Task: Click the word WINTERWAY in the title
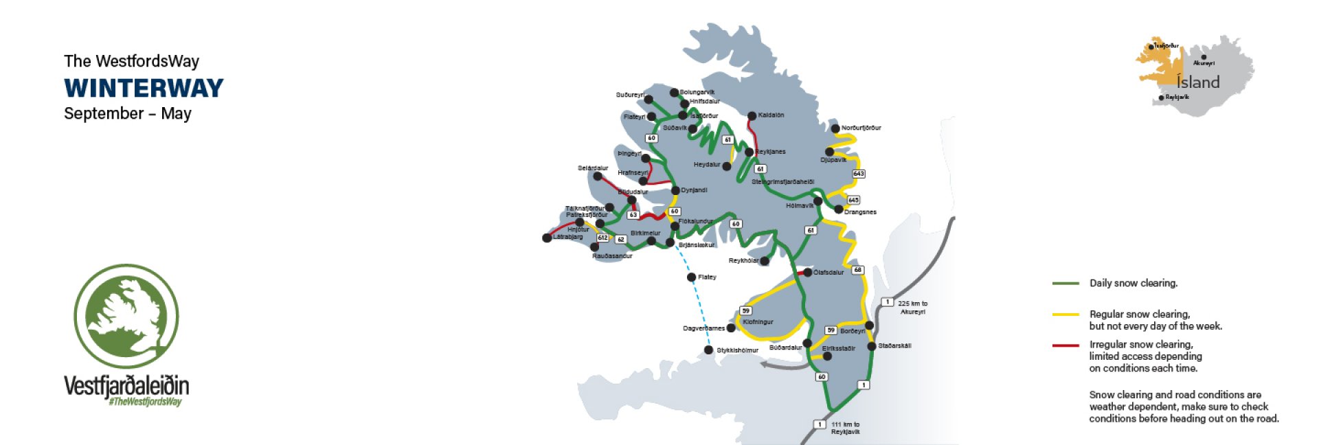pyautogui.click(x=144, y=88)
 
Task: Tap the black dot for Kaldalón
pyautogui.click(x=752, y=116)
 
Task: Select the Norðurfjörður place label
pyautogui.click(x=861, y=128)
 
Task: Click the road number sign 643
pyautogui.click(x=858, y=174)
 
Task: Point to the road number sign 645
pyautogui.click(x=853, y=200)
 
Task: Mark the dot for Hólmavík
pyautogui.click(x=818, y=201)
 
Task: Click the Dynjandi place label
pyautogui.click(x=694, y=190)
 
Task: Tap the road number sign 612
pyautogui.click(x=602, y=238)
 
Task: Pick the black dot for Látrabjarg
pyautogui.click(x=547, y=238)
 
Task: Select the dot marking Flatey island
pyautogui.click(x=691, y=277)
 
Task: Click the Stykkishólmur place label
pyautogui.click(x=737, y=350)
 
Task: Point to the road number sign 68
pyautogui.click(x=857, y=270)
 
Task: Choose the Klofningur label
pyautogui.click(x=758, y=322)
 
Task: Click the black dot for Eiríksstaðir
pyautogui.click(x=827, y=356)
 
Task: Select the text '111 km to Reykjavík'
pyautogui.click(x=845, y=429)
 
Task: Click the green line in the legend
pyautogui.click(x=1065, y=283)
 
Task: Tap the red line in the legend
pyautogui.click(x=1065, y=345)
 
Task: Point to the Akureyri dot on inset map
pyautogui.click(x=1204, y=57)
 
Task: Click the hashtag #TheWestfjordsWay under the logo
pyautogui.click(x=145, y=402)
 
